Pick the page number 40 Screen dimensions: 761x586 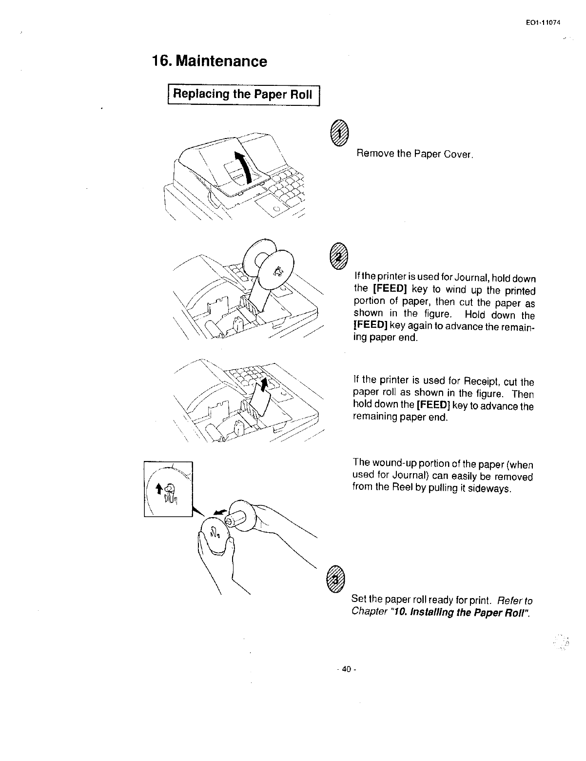pos(347,669)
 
